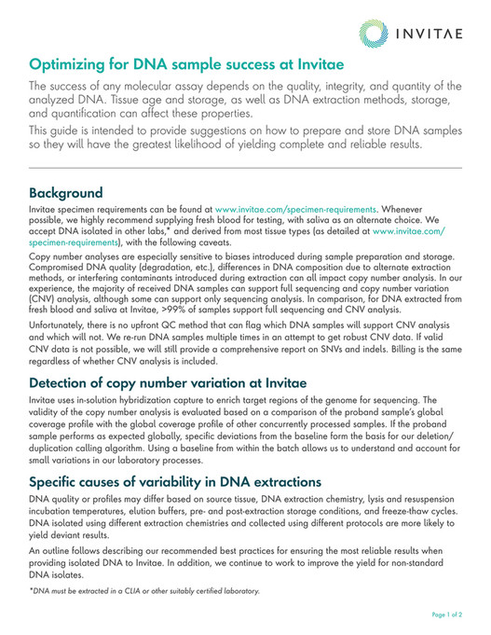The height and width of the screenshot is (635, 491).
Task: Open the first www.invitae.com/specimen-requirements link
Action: (295, 212)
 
